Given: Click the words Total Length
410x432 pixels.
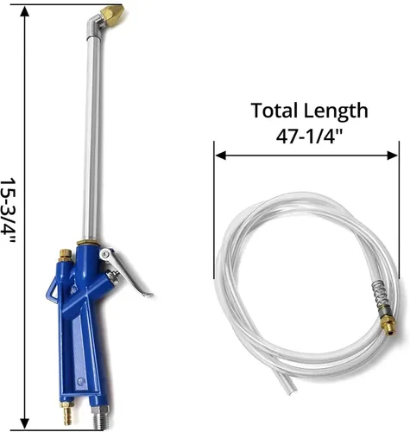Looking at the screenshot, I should (309, 111).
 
